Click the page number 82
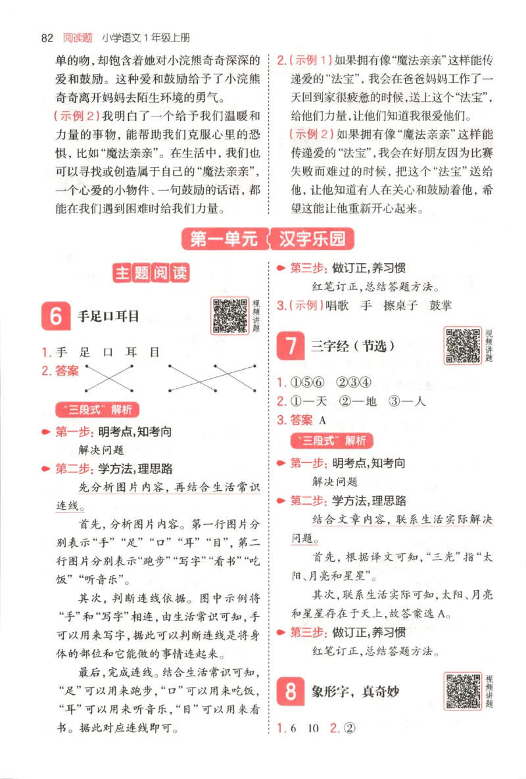pyautogui.click(x=47, y=38)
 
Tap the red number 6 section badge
pyautogui.click(x=55, y=316)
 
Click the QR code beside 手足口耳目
pyautogui.click(x=229, y=315)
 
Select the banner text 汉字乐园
pyautogui.click(x=312, y=239)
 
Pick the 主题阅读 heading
pyautogui.click(x=151, y=274)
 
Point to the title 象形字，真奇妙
pyautogui.click(x=357, y=691)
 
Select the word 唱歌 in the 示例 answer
pyautogui.click(x=339, y=305)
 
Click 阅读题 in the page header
pyautogui.click(x=77, y=38)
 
